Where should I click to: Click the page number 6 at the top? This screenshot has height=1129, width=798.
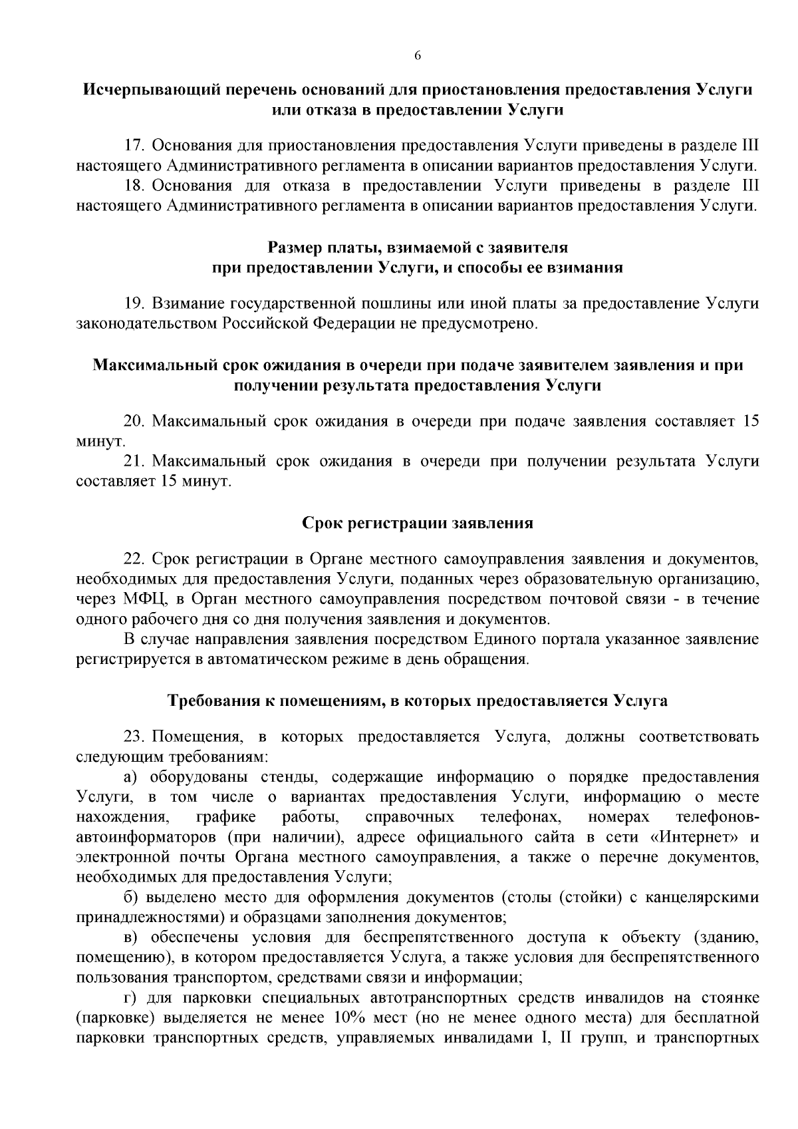click(x=418, y=57)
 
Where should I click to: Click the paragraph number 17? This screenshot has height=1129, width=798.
click(x=134, y=145)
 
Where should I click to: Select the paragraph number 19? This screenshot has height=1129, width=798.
click(x=134, y=303)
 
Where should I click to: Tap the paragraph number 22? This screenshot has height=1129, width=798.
click(x=134, y=558)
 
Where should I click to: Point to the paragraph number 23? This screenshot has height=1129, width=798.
click(x=134, y=737)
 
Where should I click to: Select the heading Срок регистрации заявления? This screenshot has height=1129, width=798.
click(x=418, y=523)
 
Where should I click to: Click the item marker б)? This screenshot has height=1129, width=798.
click(x=132, y=897)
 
